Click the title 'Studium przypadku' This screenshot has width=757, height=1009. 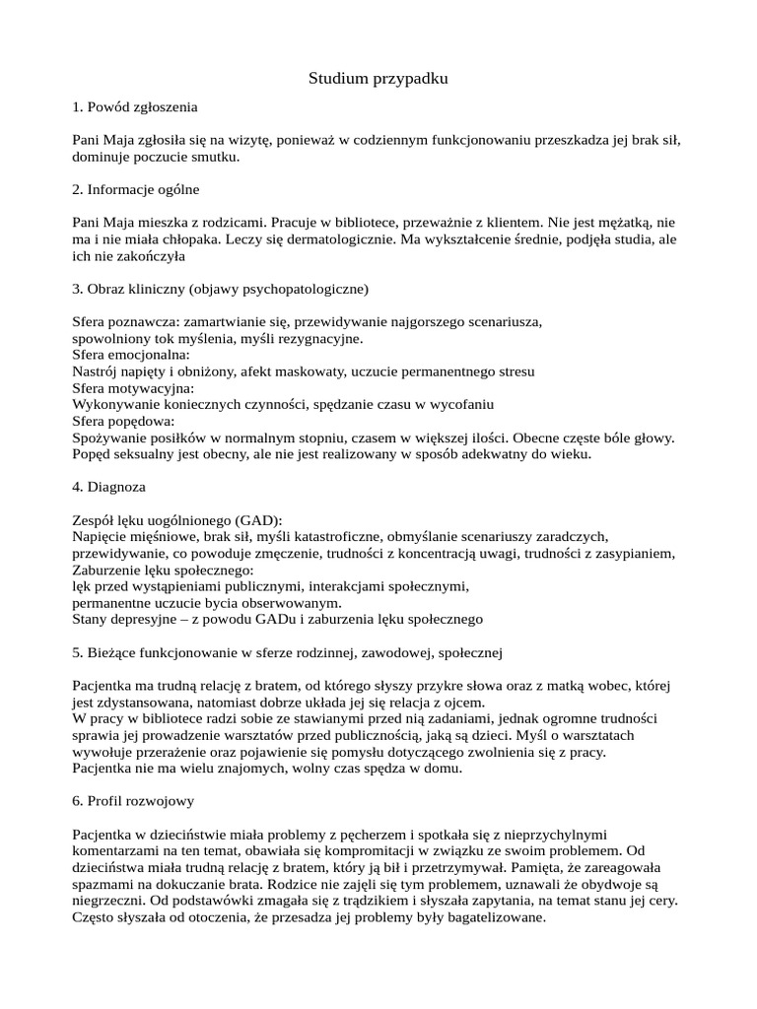378,79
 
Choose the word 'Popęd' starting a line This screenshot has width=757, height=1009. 94,454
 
